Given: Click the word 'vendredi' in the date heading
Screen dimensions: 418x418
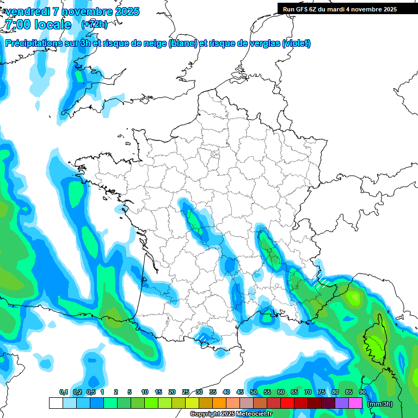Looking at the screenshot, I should (26, 11).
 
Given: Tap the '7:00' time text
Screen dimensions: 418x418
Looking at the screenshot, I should (17, 24).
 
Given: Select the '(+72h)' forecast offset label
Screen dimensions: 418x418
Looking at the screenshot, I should (94, 24).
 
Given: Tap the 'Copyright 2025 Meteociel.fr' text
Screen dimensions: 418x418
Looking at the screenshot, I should (231, 414).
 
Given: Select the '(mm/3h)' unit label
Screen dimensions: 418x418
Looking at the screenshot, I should (380, 404).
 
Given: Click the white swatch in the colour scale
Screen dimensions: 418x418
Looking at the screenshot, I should (56, 403).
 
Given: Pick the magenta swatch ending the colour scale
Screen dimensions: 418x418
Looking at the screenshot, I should (355, 403).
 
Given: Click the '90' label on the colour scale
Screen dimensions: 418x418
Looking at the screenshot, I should (362, 392).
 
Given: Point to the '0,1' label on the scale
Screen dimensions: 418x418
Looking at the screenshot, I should (63, 392).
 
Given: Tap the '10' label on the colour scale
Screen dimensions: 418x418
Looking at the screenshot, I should (145, 392).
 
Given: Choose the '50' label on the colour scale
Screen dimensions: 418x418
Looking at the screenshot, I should (254, 392).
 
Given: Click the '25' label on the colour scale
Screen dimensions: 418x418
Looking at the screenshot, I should (186, 392).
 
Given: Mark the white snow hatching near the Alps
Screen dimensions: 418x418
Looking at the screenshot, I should (321, 281).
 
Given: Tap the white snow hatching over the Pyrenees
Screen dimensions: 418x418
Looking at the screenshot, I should (202, 338).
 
